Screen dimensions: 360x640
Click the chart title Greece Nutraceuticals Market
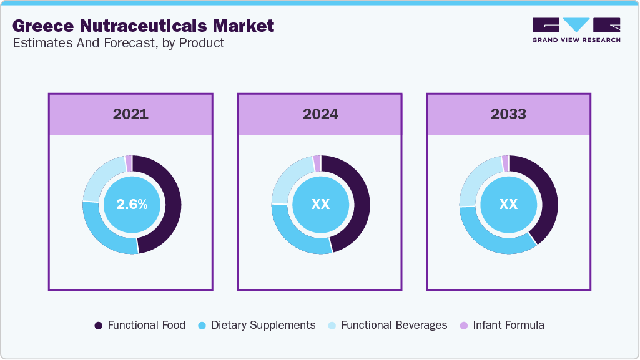(143, 26)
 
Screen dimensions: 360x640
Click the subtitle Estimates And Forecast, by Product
(118, 44)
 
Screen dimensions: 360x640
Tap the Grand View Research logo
(576, 29)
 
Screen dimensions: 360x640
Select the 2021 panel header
(130, 114)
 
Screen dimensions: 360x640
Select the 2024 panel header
(320, 114)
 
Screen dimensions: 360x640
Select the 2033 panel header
(508, 114)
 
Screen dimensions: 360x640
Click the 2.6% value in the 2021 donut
(132, 204)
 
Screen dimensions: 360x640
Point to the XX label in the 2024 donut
(320, 204)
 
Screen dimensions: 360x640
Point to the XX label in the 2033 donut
(508, 204)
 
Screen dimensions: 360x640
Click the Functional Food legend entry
(139, 325)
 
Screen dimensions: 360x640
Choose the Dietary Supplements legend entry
(256, 325)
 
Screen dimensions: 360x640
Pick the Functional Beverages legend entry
(387, 325)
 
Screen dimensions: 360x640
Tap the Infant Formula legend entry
(502, 325)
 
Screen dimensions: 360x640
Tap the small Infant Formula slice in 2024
(317, 162)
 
